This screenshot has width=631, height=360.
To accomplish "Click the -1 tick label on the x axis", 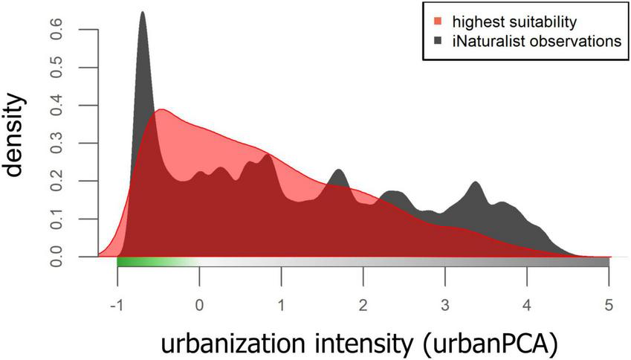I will pyautogui.click(x=115, y=286).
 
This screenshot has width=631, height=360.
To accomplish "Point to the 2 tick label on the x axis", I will pyautogui.click(x=363, y=286).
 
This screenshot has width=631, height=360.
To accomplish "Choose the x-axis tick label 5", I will pyautogui.click(x=609, y=286).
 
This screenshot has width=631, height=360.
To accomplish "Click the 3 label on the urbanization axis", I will pyautogui.click(x=445, y=286).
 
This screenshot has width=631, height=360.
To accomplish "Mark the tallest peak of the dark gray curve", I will pyautogui.click(x=142, y=13).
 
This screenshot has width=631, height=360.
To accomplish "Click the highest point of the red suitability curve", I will pyautogui.click(x=158, y=111).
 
